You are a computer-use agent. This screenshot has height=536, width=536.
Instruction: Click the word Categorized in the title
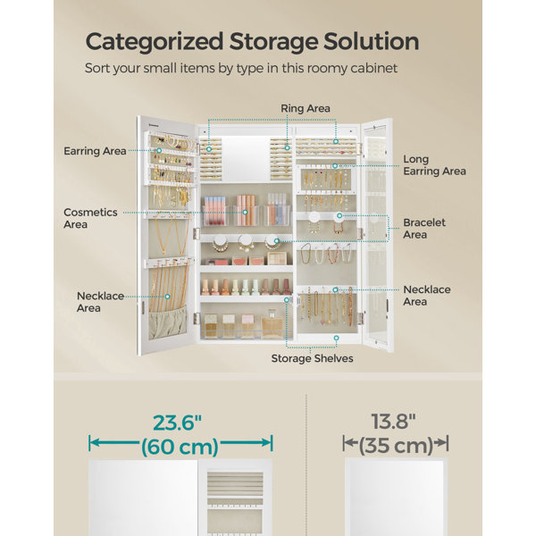point(155,42)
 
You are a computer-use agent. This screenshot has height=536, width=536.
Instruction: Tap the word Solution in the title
point(372,41)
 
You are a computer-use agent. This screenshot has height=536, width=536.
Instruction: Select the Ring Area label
point(306,108)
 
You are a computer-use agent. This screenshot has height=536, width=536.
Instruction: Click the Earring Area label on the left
point(95,151)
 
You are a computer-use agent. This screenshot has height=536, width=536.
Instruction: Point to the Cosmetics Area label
point(90,218)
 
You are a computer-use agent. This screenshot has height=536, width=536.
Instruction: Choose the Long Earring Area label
point(434,165)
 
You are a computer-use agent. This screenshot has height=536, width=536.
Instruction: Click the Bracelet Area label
point(424,229)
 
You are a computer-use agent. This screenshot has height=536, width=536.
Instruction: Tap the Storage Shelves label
point(312,358)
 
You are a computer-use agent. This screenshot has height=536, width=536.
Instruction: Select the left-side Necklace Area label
point(100,302)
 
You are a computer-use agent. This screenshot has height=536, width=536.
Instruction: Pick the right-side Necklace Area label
point(427,296)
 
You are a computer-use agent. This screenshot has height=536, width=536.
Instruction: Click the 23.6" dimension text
point(177,423)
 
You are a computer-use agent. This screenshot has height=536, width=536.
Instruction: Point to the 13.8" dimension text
point(393,422)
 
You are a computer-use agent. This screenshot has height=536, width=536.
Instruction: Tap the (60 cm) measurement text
point(180,447)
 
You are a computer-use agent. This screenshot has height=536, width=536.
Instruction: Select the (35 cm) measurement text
point(396,446)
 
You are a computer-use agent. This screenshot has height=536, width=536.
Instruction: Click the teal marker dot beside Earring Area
point(159,150)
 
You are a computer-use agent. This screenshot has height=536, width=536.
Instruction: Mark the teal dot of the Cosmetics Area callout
point(245,213)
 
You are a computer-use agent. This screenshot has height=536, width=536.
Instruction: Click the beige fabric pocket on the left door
point(168,323)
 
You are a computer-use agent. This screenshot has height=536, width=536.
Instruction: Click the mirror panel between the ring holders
point(246,158)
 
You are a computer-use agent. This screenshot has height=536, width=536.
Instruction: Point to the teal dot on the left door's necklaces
point(168,297)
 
